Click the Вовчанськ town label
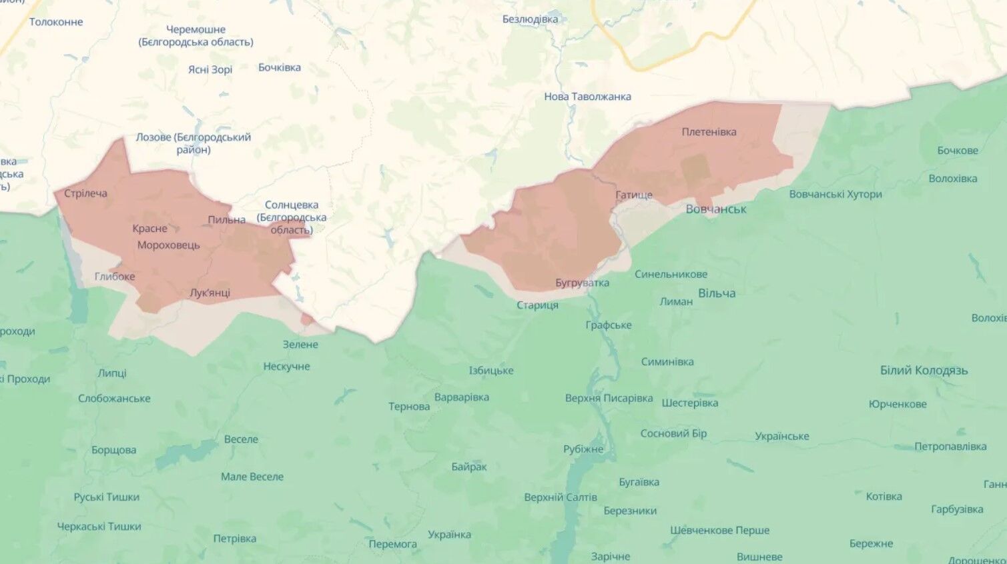(716, 209)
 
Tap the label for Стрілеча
(85, 193)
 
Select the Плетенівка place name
(709, 132)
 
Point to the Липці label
(111, 373)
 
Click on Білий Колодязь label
(924, 371)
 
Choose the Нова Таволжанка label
(587, 97)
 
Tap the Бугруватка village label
(582, 283)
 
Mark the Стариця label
(537, 305)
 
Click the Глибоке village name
(115, 277)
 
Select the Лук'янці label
(210, 293)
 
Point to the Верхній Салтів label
(561, 497)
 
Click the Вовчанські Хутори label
(835, 195)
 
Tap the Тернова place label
(409, 407)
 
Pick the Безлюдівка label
(530, 19)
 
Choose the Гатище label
(634, 195)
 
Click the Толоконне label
(56, 22)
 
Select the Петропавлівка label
(950, 447)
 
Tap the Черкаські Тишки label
(99, 527)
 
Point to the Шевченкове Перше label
(719, 531)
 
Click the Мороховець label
(168, 245)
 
